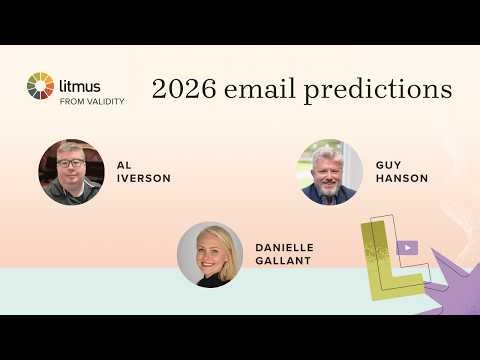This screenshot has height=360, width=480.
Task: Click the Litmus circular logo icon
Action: [x=41, y=87]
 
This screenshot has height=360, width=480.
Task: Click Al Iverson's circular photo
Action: [x=71, y=172]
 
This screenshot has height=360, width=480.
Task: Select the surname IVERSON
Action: [x=143, y=178]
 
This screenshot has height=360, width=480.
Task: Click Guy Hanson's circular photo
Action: [x=330, y=172]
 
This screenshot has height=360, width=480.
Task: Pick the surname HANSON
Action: [x=401, y=178]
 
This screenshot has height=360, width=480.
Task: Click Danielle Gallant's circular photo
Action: [x=210, y=254]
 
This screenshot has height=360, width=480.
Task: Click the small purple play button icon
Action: [x=407, y=247]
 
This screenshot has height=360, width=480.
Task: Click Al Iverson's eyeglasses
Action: [x=70, y=163]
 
